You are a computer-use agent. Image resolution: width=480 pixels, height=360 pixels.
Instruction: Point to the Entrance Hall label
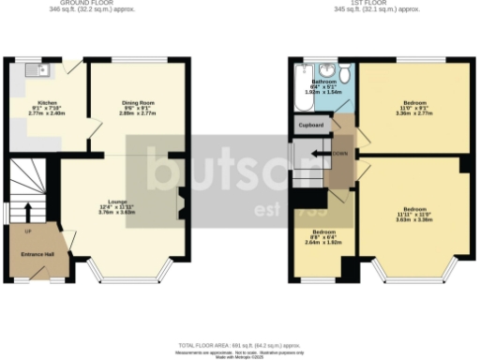37,254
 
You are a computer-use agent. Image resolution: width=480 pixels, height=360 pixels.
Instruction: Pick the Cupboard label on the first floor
311,125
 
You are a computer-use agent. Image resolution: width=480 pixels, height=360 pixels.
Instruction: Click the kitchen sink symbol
37,69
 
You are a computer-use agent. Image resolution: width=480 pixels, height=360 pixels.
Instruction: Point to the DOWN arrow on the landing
328,152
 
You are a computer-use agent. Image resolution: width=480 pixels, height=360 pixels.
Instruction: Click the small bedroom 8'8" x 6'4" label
323,236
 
